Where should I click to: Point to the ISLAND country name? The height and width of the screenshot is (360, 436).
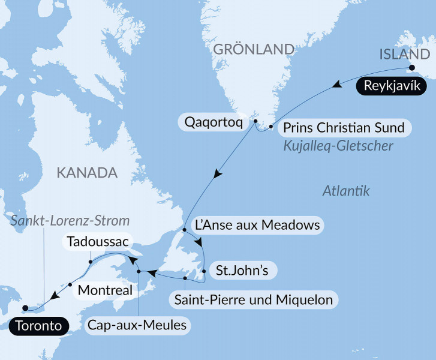401,55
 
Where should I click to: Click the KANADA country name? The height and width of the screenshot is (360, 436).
86,173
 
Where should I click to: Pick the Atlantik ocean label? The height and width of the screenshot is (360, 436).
345,191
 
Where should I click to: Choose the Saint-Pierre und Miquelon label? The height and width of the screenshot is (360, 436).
254,299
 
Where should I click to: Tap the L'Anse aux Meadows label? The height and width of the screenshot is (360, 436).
256,226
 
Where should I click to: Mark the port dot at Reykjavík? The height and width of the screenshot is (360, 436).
412,67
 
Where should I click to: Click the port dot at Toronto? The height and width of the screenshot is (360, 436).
25,308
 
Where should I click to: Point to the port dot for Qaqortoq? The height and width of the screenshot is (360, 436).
256,122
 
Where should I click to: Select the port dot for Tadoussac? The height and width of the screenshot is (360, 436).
89,262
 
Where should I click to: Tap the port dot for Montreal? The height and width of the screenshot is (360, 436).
70,284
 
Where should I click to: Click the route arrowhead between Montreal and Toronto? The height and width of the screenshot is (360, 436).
55,295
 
